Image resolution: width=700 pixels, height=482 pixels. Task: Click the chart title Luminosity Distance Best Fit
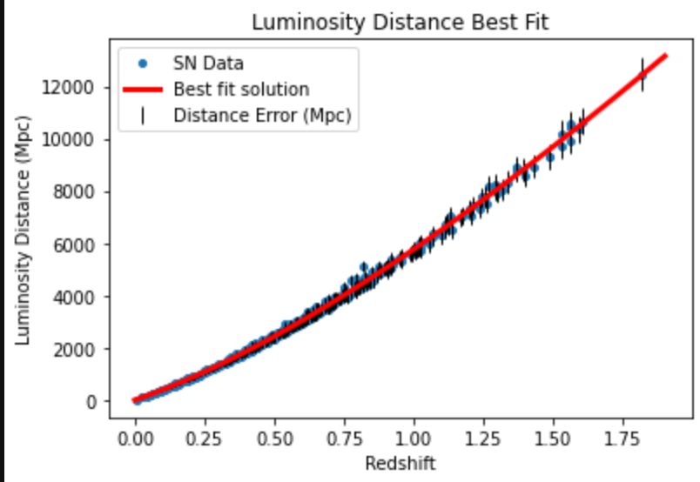(x=400, y=22)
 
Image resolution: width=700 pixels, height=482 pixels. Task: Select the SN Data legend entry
(x=208, y=63)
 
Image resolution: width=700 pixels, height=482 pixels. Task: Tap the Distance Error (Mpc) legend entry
(x=262, y=115)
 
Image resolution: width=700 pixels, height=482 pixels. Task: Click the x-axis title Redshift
(x=400, y=461)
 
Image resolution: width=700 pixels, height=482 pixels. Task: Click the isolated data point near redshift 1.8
(x=643, y=75)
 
